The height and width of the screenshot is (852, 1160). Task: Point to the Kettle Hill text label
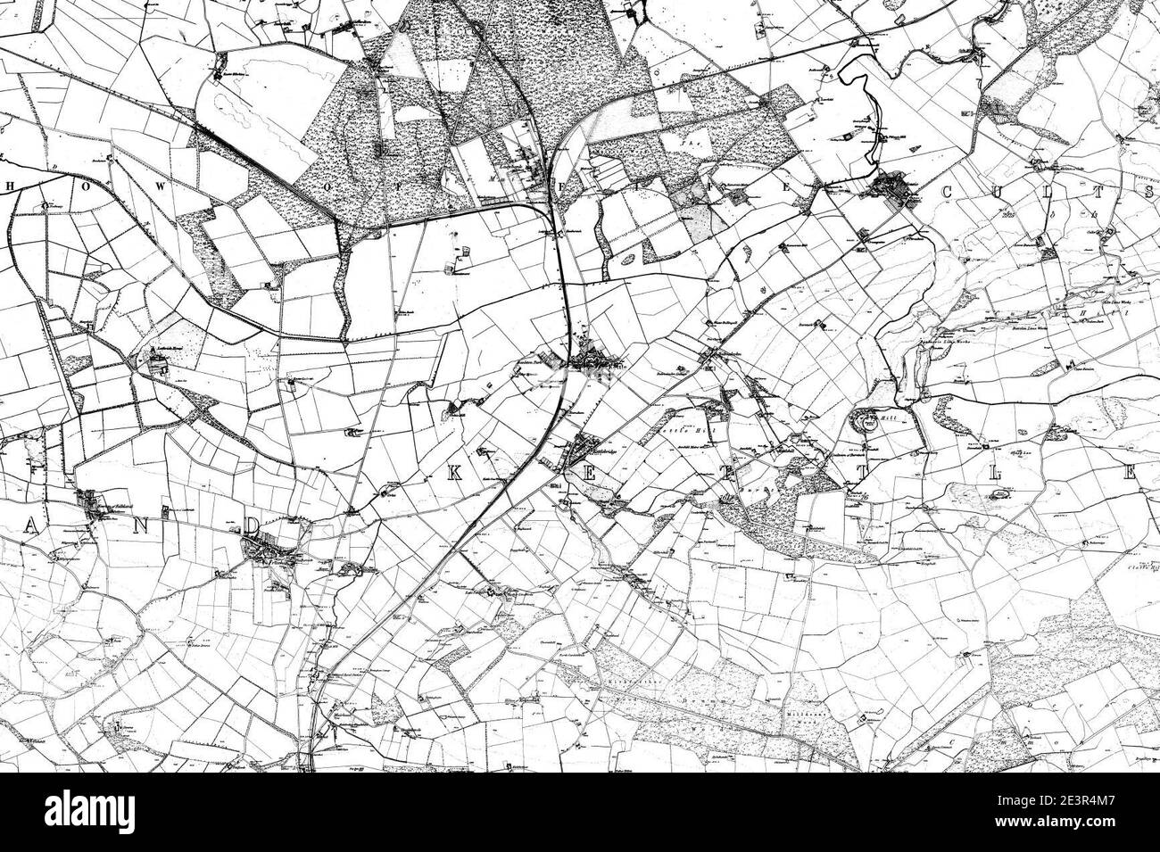pos(684,431)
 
